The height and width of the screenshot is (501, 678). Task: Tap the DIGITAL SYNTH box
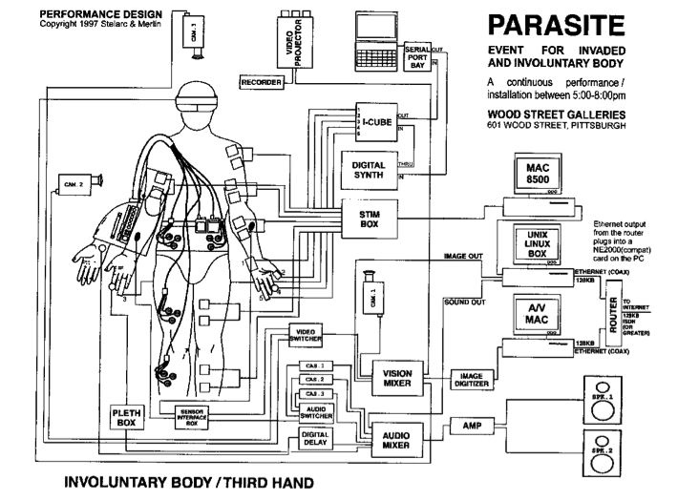(x=368, y=172)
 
